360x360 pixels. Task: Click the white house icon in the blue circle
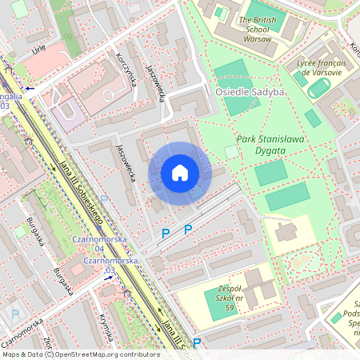pyautogui.click(x=180, y=173)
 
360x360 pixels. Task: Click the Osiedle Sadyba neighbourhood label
pyautogui.click(x=250, y=92)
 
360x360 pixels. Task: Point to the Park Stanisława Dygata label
pyautogui.click(x=271, y=145)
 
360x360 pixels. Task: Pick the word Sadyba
pyautogui.click(x=268, y=92)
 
